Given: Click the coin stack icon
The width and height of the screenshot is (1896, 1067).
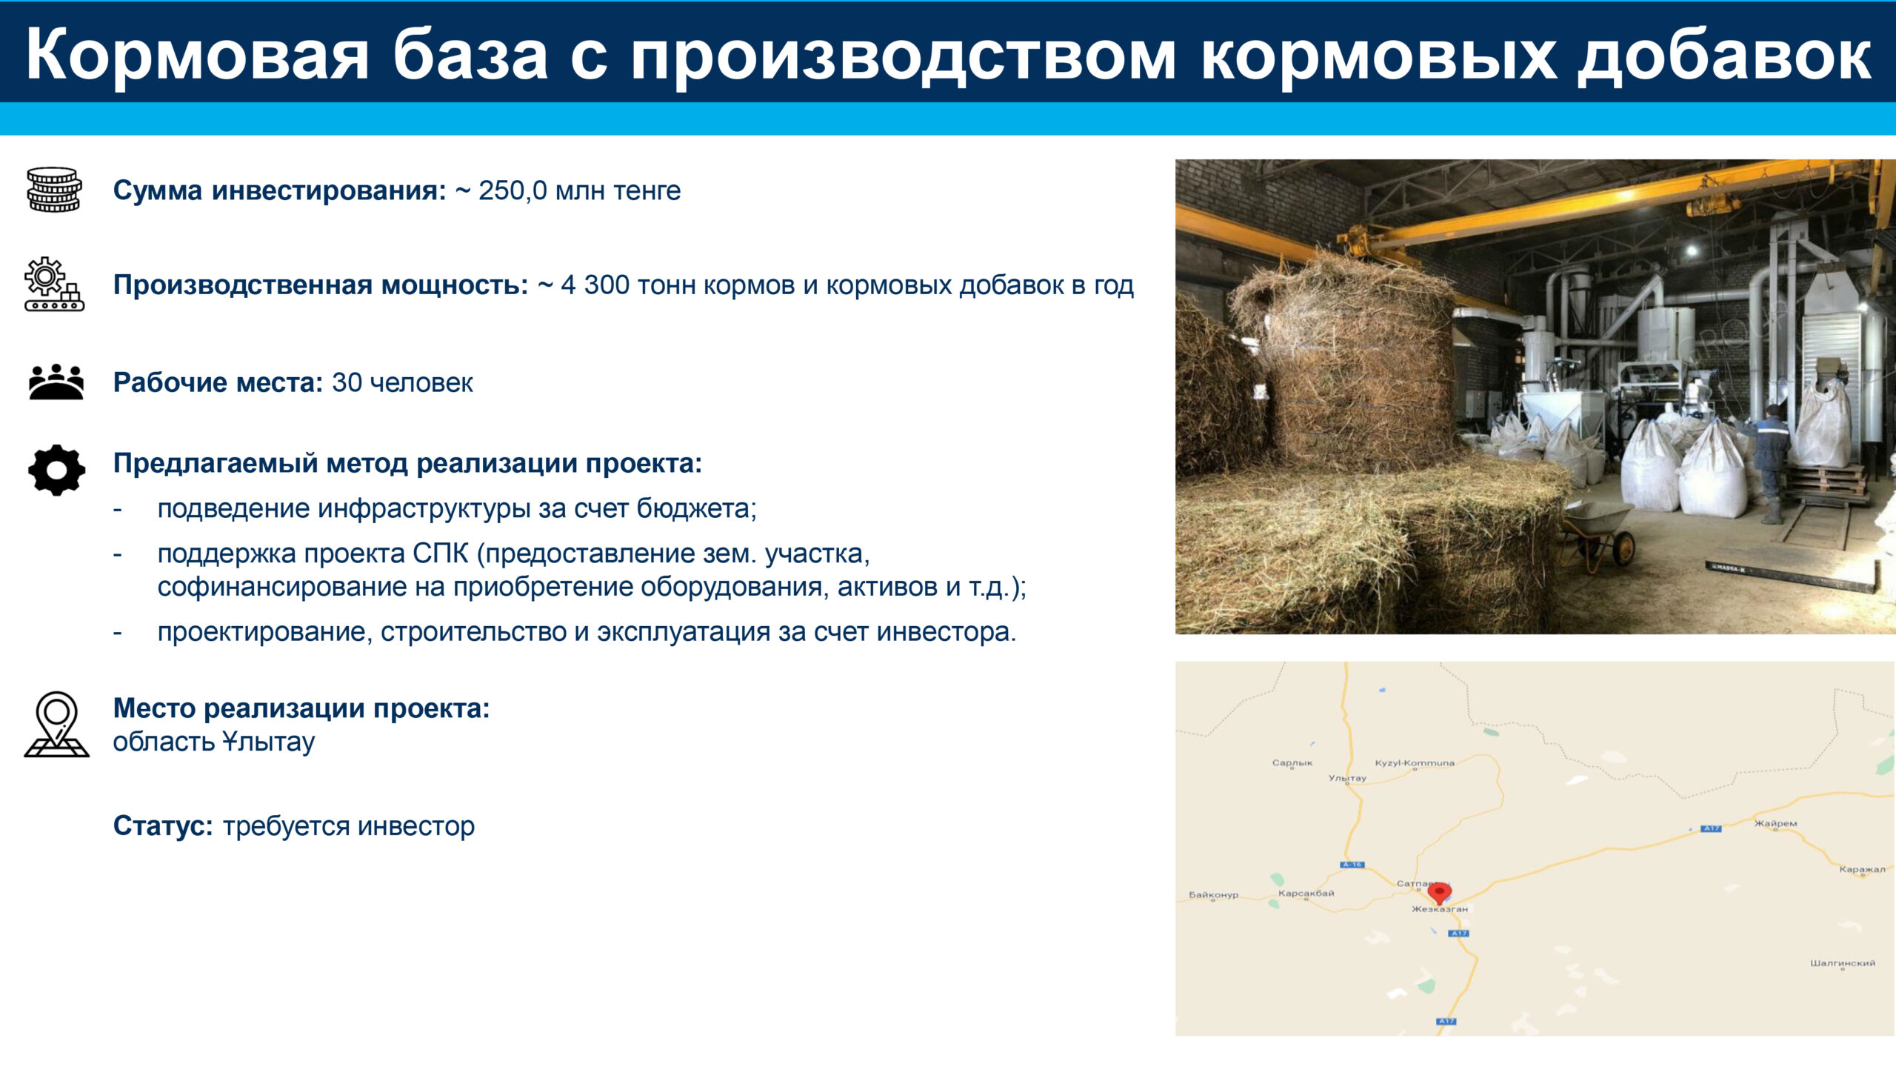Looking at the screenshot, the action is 54,190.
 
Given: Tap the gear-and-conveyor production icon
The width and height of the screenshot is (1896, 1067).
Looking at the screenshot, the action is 54,284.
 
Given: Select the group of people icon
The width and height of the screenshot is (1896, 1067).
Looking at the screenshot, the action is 56,382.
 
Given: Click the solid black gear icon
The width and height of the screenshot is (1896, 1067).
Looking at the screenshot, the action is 56,471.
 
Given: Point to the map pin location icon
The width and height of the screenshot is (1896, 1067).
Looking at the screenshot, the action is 56,724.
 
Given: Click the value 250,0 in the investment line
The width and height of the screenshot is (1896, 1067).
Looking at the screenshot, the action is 513,191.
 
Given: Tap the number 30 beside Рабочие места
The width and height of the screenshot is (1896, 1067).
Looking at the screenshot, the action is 347,382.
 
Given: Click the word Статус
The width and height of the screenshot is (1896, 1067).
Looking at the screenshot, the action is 162,825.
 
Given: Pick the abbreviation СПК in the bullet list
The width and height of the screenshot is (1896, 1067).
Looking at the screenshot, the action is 441,554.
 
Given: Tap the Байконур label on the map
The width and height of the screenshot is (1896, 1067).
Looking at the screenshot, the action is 1213,894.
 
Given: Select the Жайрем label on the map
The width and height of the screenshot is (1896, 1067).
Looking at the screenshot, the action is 1775,823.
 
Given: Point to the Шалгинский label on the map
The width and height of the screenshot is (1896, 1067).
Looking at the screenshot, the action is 1843,963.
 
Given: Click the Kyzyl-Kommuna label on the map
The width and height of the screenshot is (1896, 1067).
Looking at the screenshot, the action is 1415,762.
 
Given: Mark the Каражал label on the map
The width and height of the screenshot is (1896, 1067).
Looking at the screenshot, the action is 1862,869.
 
